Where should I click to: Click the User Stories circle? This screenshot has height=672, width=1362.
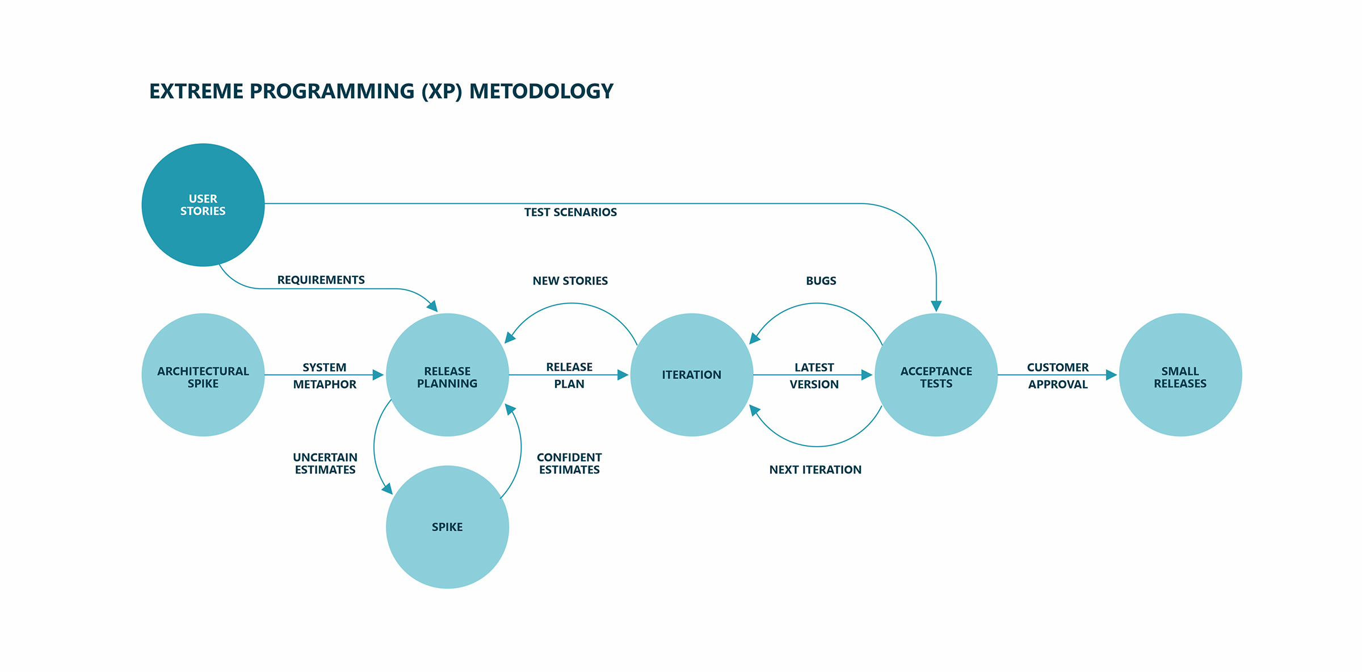tap(203, 205)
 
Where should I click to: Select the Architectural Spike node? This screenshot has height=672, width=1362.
tap(203, 375)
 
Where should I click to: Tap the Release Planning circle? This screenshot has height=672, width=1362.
tap(447, 375)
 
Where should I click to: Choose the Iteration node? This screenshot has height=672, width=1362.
tap(692, 375)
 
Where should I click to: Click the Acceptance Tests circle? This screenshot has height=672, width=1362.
tap(936, 375)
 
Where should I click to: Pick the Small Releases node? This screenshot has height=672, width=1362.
tap(1180, 375)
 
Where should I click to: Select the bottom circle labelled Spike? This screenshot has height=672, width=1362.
tap(447, 527)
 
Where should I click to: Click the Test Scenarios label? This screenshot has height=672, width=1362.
tap(570, 212)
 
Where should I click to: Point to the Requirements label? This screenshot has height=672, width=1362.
tap(321, 280)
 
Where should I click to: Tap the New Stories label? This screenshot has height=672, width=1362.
tap(570, 281)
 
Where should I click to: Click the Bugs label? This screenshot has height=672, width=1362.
tap(821, 281)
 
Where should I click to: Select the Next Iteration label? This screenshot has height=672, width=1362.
tap(815, 470)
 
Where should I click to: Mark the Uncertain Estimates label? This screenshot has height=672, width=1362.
tap(325, 464)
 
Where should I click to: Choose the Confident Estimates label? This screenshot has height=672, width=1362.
tap(569, 464)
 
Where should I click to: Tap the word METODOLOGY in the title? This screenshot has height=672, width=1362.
tap(541, 91)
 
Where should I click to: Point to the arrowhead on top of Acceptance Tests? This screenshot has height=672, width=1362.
tap(936, 306)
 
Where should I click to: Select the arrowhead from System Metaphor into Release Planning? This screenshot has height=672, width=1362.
tap(379, 375)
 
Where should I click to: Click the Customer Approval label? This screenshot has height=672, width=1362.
tap(1058, 376)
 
